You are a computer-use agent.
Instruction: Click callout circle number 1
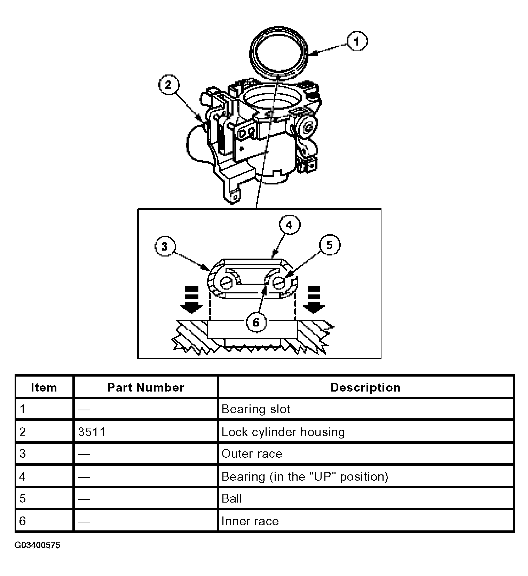(x=356, y=41)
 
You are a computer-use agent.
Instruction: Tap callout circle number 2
(x=169, y=85)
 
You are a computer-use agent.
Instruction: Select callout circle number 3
(x=165, y=246)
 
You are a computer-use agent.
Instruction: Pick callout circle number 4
(x=290, y=225)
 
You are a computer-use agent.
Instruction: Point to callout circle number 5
(x=329, y=245)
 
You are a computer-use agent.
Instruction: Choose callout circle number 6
(x=256, y=322)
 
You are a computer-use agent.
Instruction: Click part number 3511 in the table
(x=92, y=432)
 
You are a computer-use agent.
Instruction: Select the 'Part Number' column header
(x=146, y=387)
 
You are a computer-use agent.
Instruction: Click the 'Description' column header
(x=365, y=387)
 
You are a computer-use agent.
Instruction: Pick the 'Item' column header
(x=44, y=387)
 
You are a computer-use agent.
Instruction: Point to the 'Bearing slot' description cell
(x=256, y=409)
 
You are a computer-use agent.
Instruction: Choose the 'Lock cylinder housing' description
(x=283, y=432)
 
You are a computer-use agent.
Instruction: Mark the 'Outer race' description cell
(x=252, y=454)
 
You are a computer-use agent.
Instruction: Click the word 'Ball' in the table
(x=232, y=499)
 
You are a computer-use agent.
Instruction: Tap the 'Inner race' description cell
(x=250, y=521)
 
